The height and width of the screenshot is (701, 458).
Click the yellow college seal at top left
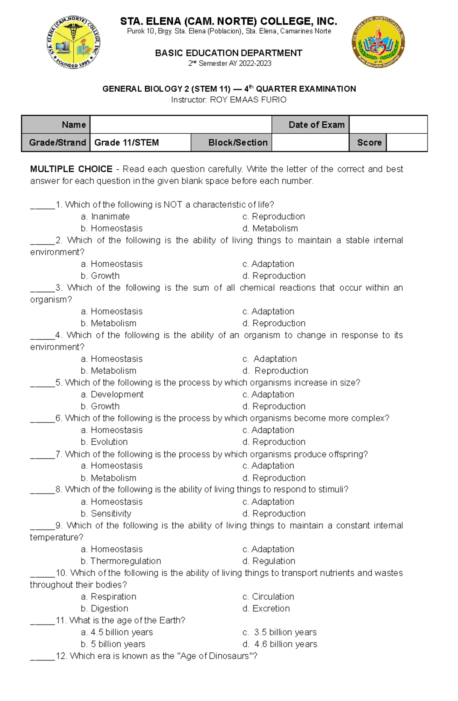[73, 42]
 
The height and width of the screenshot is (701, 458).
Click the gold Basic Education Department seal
[378, 42]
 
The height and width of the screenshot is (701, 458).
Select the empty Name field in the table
[181, 125]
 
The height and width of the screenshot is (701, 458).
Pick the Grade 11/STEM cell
[140, 142]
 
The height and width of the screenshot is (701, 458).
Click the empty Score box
[406, 142]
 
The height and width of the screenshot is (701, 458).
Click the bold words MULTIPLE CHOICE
[71, 169]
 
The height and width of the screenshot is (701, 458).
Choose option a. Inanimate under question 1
[105, 217]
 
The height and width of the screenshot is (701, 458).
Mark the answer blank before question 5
[42, 383]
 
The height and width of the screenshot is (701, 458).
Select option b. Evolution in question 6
[104, 442]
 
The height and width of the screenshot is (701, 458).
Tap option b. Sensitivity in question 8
[106, 514]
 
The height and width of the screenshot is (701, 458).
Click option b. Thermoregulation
[121, 561]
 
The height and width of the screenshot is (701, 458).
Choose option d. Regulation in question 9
[269, 561]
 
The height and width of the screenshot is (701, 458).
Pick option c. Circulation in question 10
[268, 597]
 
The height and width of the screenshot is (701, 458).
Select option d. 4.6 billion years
[280, 644]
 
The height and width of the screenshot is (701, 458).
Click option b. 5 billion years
[113, 644]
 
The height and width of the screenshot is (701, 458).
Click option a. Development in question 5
[112, 395]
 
